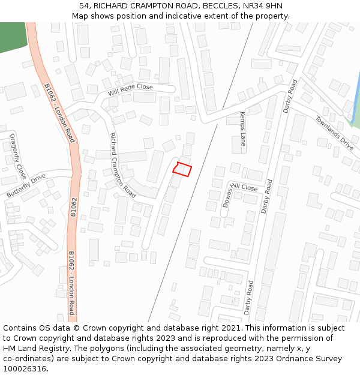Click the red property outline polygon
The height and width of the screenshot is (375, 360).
[182, 170]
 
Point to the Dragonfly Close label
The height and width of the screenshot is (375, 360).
[19, 156]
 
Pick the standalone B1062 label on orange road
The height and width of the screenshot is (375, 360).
[74, 206]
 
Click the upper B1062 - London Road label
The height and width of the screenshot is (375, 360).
[59, 113]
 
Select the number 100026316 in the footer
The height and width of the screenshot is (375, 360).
[25, 369]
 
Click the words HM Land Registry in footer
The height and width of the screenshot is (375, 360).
[31, 349]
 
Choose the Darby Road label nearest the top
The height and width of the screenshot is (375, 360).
[290, 96]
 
